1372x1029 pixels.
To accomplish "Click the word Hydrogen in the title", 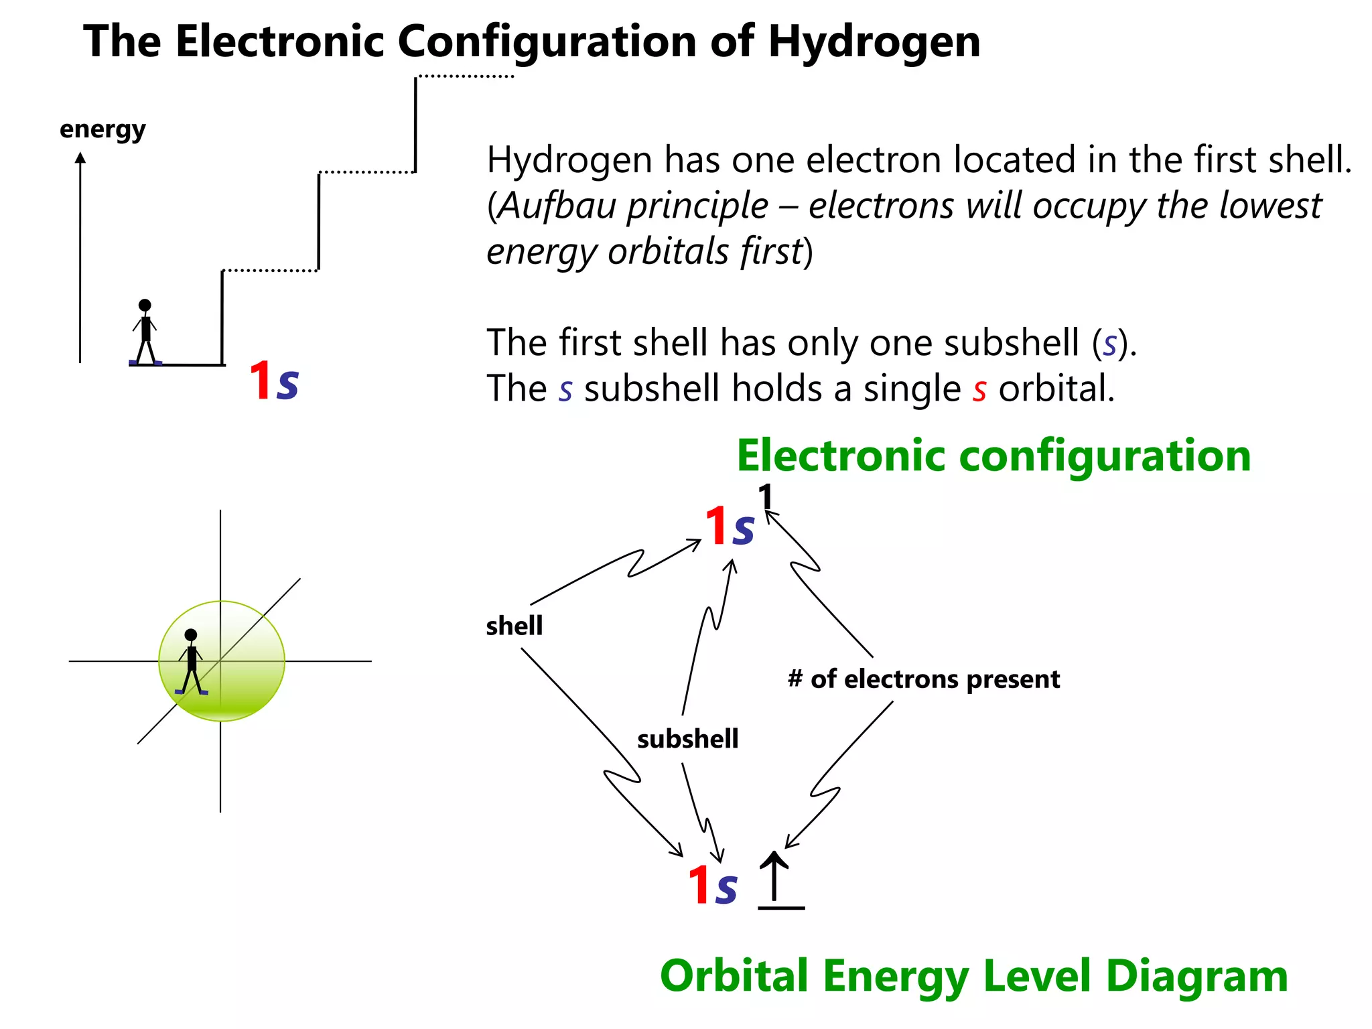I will tap(874, 42).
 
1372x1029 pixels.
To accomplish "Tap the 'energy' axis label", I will tap(102, 129).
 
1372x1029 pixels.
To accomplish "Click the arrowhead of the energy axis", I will tap(80, 158).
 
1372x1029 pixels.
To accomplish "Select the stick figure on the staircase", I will tap(145, 332).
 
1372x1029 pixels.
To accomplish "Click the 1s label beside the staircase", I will tap(273, 381).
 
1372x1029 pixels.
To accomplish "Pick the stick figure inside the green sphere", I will tap(192, 662).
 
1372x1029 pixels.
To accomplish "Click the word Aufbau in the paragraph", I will tap(558, 206).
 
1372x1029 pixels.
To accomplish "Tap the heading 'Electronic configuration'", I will tap(993, 456).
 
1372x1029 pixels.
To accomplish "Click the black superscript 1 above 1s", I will tap(765, 497).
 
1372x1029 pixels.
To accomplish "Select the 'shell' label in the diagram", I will tap(514, 626).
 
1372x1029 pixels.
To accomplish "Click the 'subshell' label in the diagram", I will tap(687, 739).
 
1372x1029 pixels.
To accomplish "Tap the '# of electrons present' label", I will tap(924, 679).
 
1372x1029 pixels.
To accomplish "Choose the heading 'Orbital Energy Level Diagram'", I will tap(973, 975).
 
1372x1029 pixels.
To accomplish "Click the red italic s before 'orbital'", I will tap(979, 390).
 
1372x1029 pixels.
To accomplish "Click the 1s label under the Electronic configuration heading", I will tap(730, 527).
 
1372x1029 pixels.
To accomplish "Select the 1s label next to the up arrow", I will tap(712, 886).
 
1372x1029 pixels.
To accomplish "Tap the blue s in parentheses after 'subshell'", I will tap(1110, 344).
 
